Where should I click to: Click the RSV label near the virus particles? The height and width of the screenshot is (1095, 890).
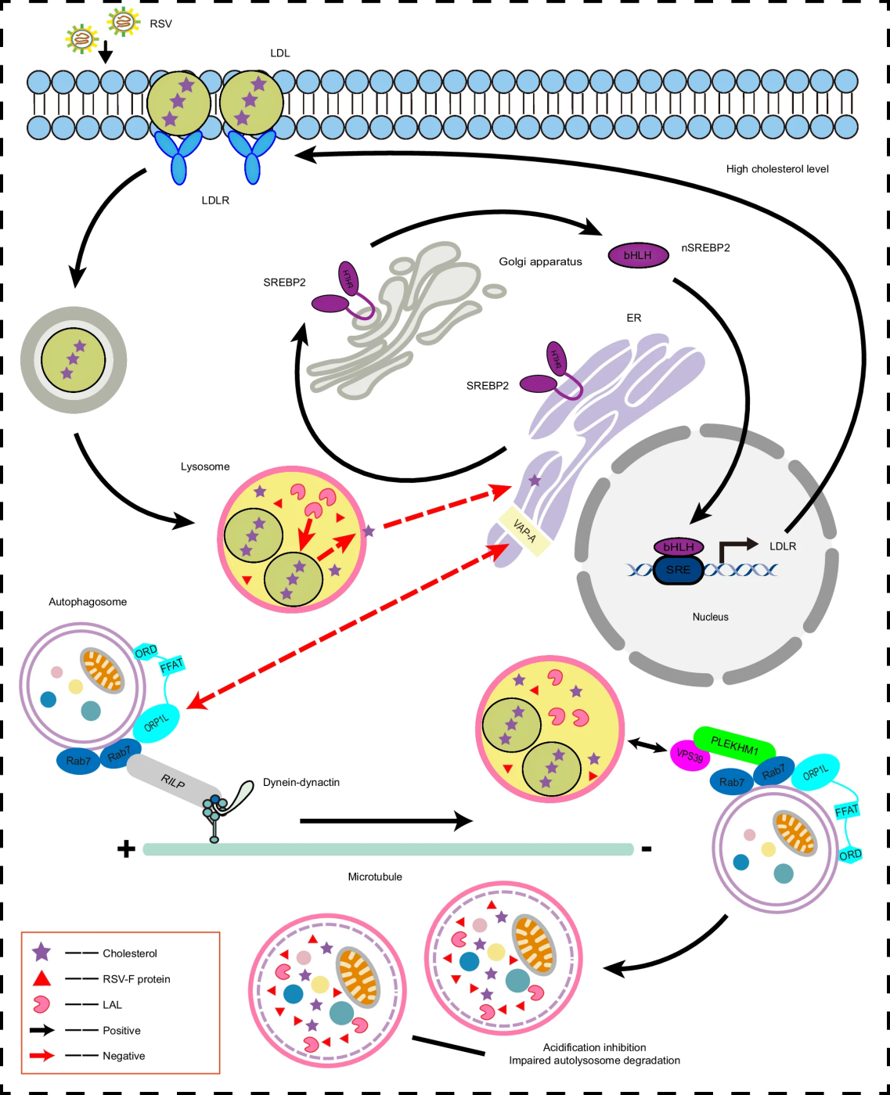(x=160, y=24)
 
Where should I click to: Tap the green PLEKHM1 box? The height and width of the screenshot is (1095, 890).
(x=734, y=745)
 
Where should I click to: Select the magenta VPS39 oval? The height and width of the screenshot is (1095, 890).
(x=690, y=755)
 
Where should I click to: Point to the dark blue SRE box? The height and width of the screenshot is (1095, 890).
(x=678, y=570)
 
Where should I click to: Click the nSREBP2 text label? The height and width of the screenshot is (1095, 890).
(x=705, y=248)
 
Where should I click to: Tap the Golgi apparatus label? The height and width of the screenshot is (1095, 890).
(x=540, y=261)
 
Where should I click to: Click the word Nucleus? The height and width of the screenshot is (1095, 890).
(x=710, y=617)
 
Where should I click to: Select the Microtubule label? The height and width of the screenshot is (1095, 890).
(x=375, y=877)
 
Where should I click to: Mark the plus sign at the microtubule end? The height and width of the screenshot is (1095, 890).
(x=126, y=848)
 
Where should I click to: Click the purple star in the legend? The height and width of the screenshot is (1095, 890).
(x=41, y=953)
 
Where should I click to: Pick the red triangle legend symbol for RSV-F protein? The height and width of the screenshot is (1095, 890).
(x=41, y=978)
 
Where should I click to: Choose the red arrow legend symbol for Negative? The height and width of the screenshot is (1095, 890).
(x=41, y=1056)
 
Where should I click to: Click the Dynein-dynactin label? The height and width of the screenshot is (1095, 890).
(x=301, y=783)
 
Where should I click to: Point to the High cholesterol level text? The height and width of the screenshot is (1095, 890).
(x=777, y=169)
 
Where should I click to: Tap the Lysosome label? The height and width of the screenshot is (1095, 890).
(x=205, y=466)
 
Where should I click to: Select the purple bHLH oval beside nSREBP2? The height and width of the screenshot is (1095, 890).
(x=638, y=255)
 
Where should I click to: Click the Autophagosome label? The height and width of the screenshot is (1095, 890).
(x=88, y=602)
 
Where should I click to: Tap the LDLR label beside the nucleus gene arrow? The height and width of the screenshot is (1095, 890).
(x=783, y=546)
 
